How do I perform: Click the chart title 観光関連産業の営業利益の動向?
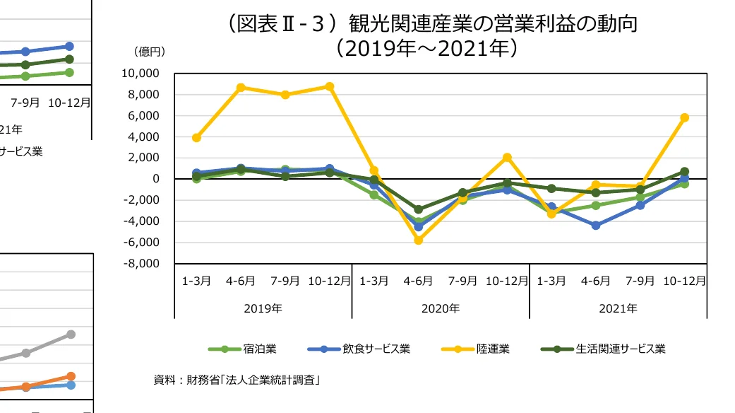click(431, 25)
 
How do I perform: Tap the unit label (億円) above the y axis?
click(149, 52)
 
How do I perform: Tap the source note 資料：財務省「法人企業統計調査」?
click(238, 380)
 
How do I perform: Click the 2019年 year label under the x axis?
click(263, 308)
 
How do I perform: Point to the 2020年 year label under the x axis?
click(441, 308)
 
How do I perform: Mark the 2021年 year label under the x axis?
click(618, 308)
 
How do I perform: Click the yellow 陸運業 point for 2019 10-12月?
click(329, 86)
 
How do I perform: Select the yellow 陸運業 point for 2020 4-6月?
click(418, 240)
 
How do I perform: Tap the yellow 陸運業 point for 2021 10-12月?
click(684, 117)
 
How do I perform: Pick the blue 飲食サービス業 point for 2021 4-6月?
click(595, 226)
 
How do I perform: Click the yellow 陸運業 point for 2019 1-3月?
click(196, 138)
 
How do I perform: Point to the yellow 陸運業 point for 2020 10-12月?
click(507, 157)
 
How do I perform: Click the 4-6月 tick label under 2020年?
click(418, 281)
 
